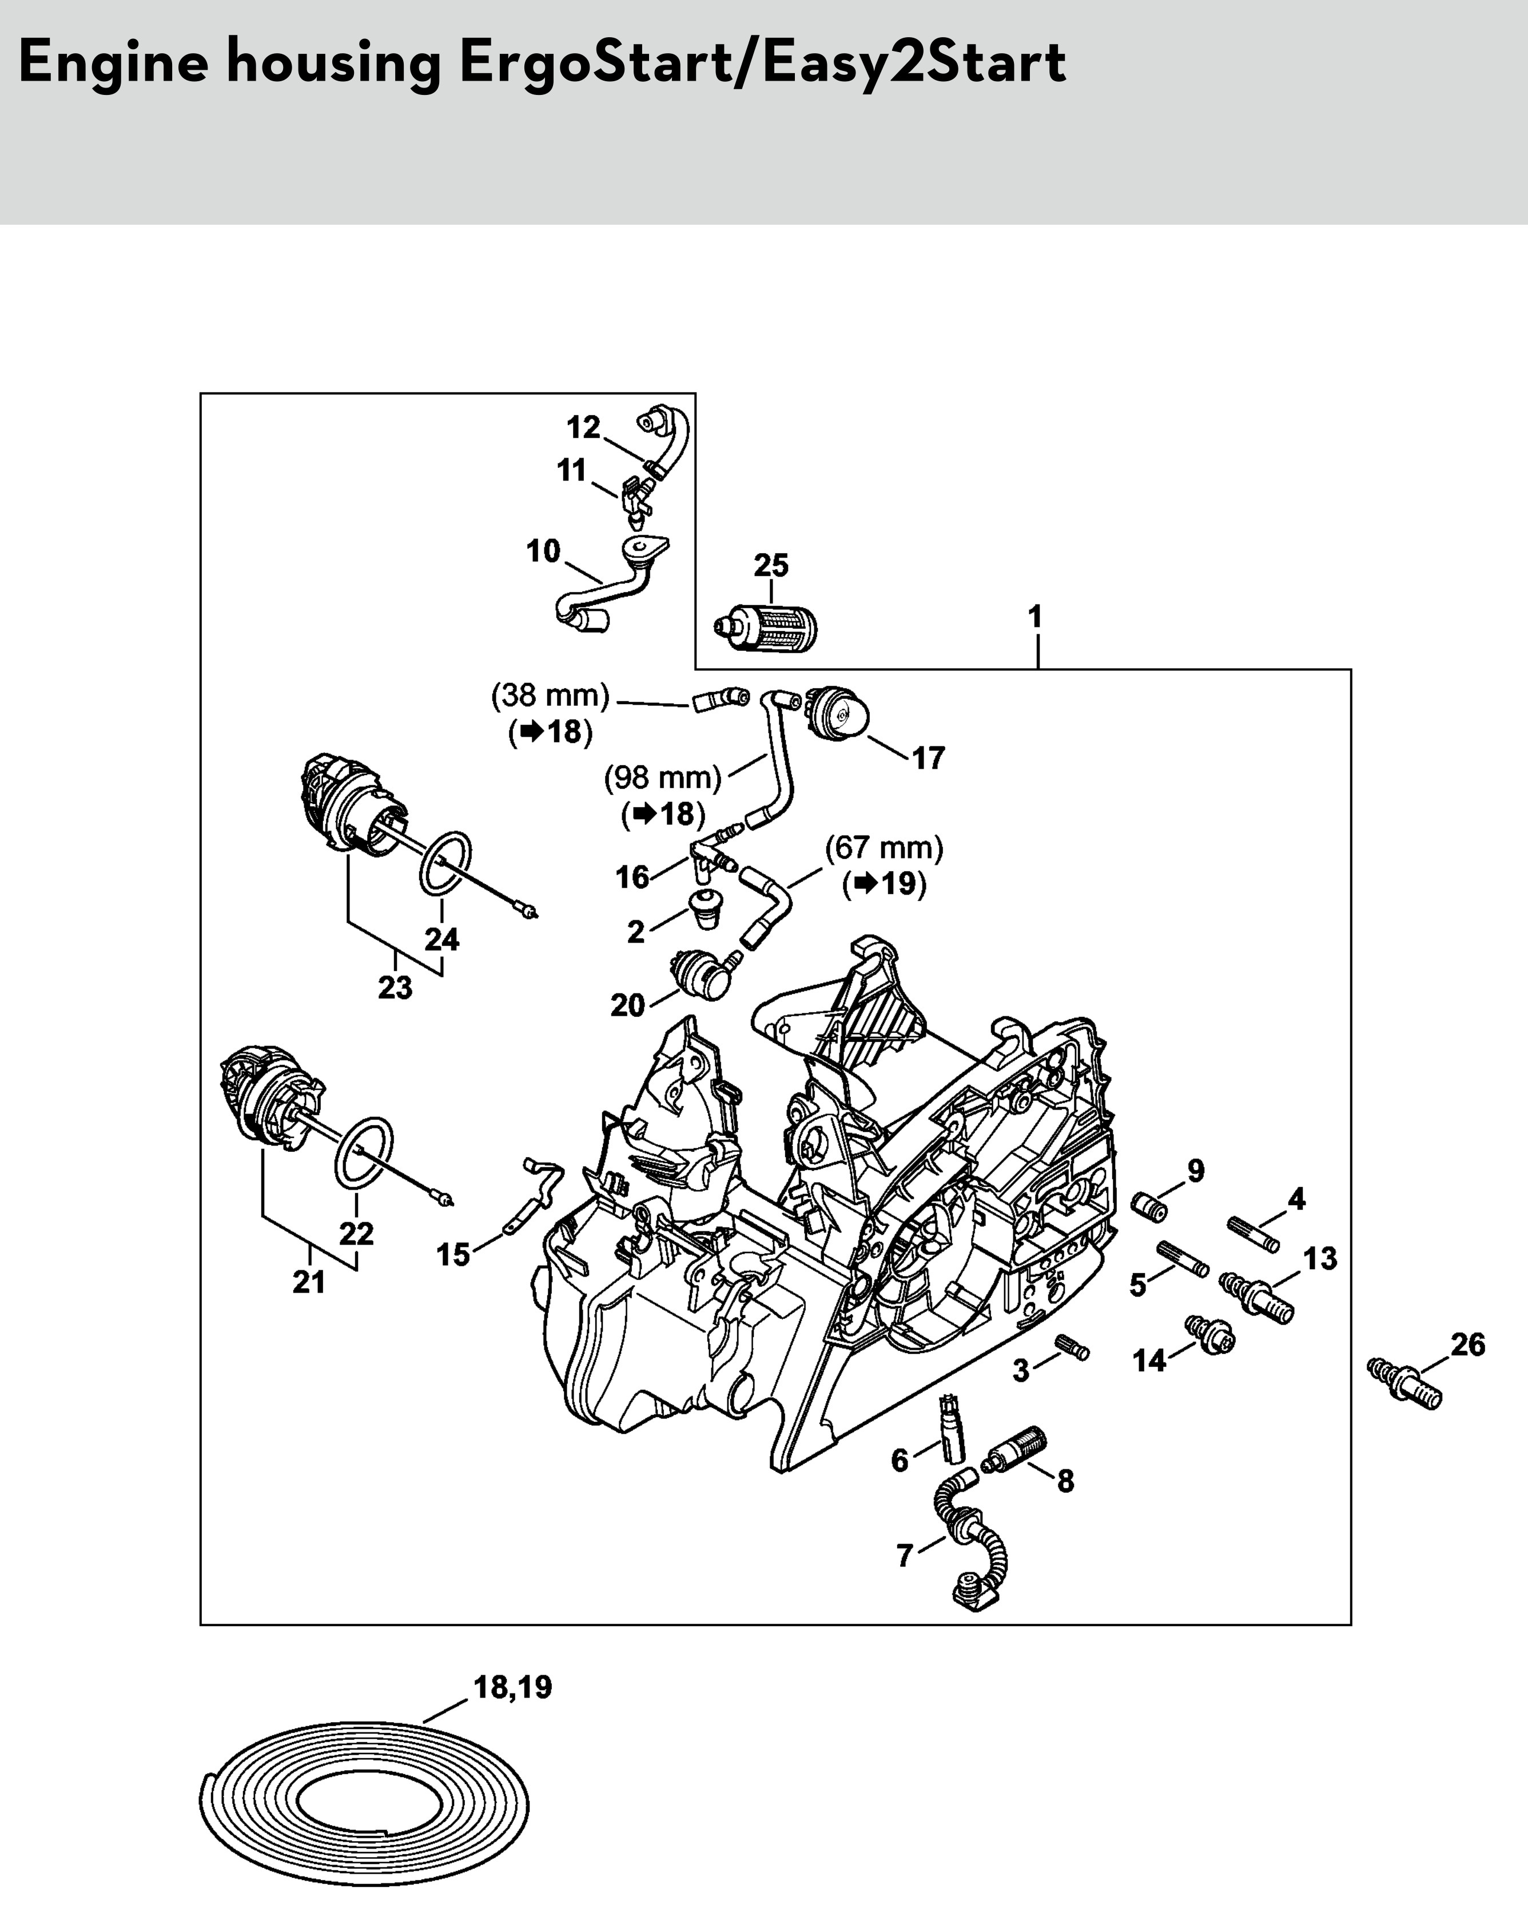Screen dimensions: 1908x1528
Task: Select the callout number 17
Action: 928,758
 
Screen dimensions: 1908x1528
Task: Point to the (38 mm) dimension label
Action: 550,695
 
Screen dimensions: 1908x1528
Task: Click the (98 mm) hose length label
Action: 663,778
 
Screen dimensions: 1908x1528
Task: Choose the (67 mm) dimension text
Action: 884,848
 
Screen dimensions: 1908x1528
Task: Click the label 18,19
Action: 513,1687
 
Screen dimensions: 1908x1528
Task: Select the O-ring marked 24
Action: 444,863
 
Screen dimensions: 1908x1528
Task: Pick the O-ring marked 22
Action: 364,1152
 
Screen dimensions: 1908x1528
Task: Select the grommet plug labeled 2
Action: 706,910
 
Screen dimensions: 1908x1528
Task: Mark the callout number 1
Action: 1035,617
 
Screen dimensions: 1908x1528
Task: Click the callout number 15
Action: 453,1254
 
